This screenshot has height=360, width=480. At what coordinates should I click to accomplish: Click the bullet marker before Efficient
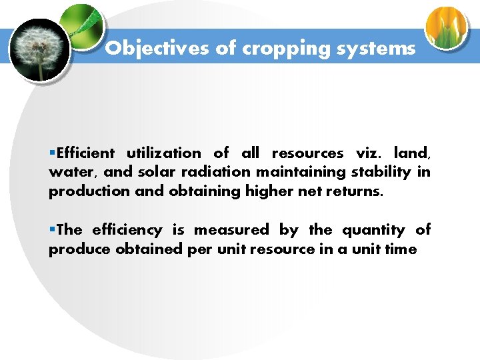[52, 153]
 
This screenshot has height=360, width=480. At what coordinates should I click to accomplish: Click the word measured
[231, 231]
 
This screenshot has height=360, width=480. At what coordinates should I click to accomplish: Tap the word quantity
[373, 231]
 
